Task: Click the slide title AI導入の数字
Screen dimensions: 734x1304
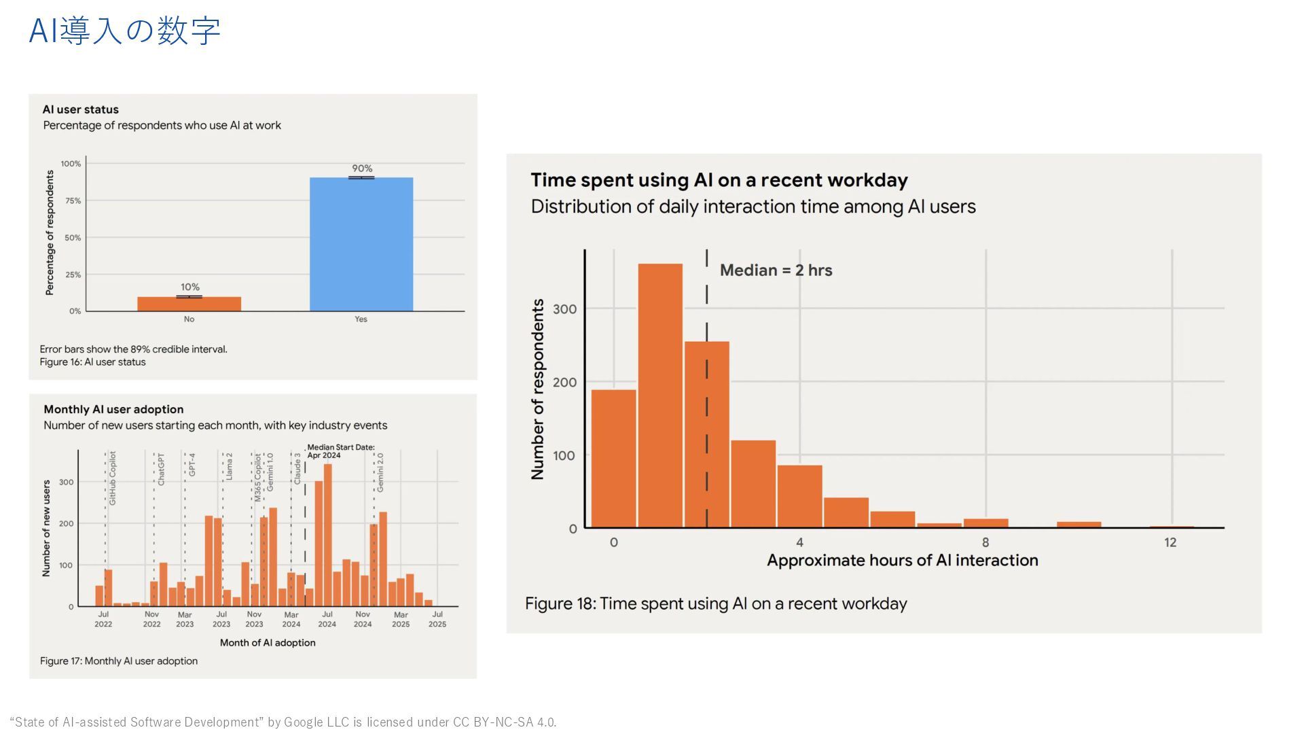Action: coord(125,31)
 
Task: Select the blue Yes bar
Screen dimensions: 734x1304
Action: coord(361,245)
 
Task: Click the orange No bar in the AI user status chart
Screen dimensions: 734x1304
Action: coord(189,304)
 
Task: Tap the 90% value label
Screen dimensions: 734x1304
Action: coord(362,169)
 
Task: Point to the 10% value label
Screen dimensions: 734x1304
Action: coord(190,287)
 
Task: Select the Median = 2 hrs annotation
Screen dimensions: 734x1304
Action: coord(776,270)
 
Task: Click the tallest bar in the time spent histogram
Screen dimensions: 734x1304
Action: coord(660,394)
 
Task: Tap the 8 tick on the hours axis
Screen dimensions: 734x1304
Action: coord(985,542)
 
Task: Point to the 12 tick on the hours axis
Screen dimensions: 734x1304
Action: coord(1170,542)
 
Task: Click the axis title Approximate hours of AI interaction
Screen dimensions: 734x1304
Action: coord(902,561)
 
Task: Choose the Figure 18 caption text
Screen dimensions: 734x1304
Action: coord(716,604)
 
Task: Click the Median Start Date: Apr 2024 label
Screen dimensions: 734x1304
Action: coord(340,451)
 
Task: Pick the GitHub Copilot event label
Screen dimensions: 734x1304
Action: coord(113,478)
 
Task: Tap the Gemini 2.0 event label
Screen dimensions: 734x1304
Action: coord(380,472)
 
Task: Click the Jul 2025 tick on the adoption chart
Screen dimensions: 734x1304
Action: coord(437,619)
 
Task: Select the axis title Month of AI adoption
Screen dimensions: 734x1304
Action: coord(268,643)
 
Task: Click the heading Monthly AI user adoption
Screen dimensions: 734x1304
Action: coord(113,409)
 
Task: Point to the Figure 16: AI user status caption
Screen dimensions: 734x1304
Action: coord(92,362)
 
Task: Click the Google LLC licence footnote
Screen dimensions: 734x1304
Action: coord(283,722)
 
